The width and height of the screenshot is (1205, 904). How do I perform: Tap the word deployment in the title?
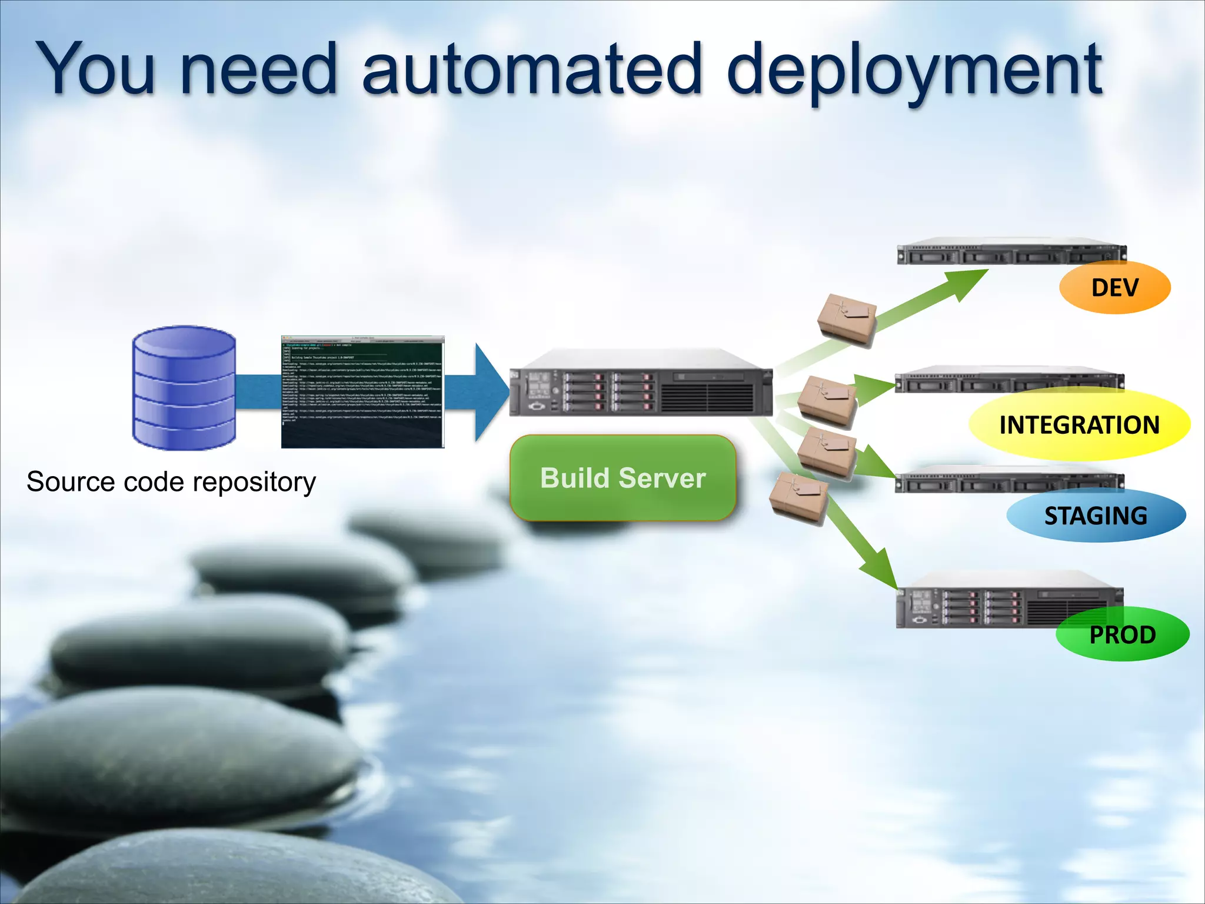click(x=914, y=72)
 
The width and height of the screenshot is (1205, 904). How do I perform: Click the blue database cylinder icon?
click(x=184, y=388)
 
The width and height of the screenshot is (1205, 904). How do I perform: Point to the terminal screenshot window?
click(x=362, y=392)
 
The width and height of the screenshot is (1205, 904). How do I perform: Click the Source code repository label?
click(x=171, y=482)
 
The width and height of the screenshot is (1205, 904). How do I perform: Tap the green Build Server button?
click(x=623, y=478)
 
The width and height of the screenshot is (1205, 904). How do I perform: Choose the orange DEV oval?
click(x=1114, y=288)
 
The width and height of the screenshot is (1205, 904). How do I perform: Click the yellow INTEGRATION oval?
click(x=1079, y=425)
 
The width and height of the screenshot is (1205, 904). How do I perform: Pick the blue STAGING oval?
click(x=1096, y=516)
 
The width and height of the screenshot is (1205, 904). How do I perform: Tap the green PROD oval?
click(x=1122, y=634)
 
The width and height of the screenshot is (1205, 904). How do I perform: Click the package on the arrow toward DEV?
click(x=846, y=319)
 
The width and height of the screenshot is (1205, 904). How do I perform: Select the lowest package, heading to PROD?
click(x=798, y=498)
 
